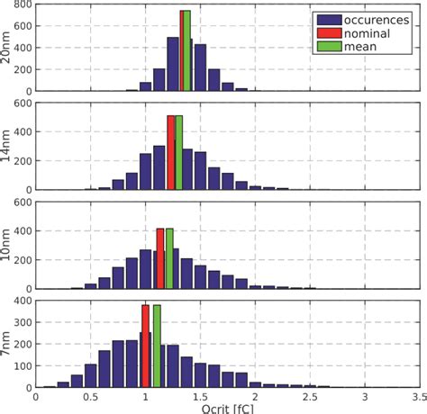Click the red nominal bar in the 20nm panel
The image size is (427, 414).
point(182,51)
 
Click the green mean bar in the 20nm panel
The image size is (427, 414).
point(187,51)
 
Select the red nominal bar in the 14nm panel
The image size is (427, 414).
point(171,153)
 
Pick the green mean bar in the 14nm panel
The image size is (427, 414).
point(178,153)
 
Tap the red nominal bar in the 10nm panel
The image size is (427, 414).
point(160,258)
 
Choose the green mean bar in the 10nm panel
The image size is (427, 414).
point(168,258)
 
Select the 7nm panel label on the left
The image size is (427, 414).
point(7,346)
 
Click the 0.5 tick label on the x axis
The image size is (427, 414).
point(90,395)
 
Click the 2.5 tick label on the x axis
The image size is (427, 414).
point(309,395)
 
